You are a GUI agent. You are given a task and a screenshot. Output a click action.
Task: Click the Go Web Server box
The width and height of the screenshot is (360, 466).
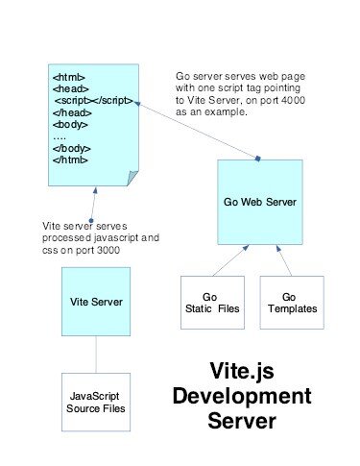click(x=258, y=205)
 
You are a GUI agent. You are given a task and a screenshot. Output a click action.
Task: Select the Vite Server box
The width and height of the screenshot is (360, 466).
click(x=95, y=302)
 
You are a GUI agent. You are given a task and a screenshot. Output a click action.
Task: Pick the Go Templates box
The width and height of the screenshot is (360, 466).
click(x=293, y=303)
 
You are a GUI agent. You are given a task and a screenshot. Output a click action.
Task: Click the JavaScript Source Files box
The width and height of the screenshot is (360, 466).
click(x=94, y=403)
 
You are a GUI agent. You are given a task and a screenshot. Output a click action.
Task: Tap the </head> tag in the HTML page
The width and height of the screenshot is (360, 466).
click(x=70, y=110)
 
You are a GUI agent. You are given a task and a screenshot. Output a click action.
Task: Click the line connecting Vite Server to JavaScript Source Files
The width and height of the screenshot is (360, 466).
click(x=95, y=355)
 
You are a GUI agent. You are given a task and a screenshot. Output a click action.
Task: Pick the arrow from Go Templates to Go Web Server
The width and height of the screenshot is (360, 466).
click(x=284, y=260)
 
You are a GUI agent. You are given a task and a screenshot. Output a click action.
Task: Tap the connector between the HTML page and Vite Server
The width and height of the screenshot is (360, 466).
click(x=93, y=206)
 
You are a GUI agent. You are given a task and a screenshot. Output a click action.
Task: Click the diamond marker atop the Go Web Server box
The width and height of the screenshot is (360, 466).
click(x=258, y=157)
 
